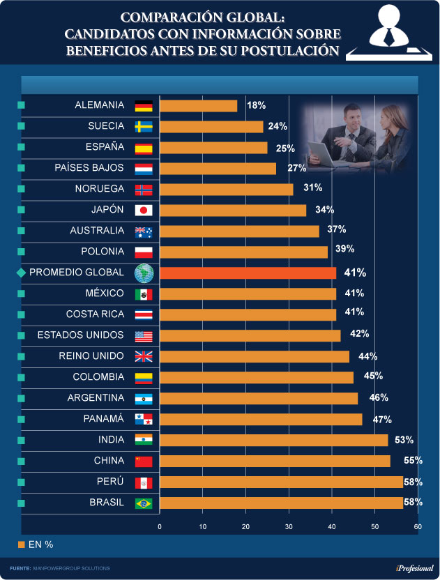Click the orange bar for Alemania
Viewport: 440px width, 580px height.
point(199,106)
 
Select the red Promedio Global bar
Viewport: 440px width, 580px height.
point(248,273)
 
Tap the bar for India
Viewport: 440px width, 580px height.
point(273,440)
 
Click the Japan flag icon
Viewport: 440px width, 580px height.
point(143,211)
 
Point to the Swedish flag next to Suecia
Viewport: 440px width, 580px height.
point(143,127)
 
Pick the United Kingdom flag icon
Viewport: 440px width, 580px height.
point(143,357)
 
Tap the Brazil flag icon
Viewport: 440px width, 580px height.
point(143,503)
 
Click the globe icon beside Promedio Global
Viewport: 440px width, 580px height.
point(143,273)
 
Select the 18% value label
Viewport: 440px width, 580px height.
point(257,105)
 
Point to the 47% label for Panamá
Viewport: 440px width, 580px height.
point(382,419)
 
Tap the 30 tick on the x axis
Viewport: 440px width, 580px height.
point(288,526)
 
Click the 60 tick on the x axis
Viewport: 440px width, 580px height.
point(417,526)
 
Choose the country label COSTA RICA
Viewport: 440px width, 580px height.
point(95,314)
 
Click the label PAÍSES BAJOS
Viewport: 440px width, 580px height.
point(89,168)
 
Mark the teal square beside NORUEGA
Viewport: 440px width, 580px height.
point(20,190)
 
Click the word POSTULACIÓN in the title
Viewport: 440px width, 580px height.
point(284,50)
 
